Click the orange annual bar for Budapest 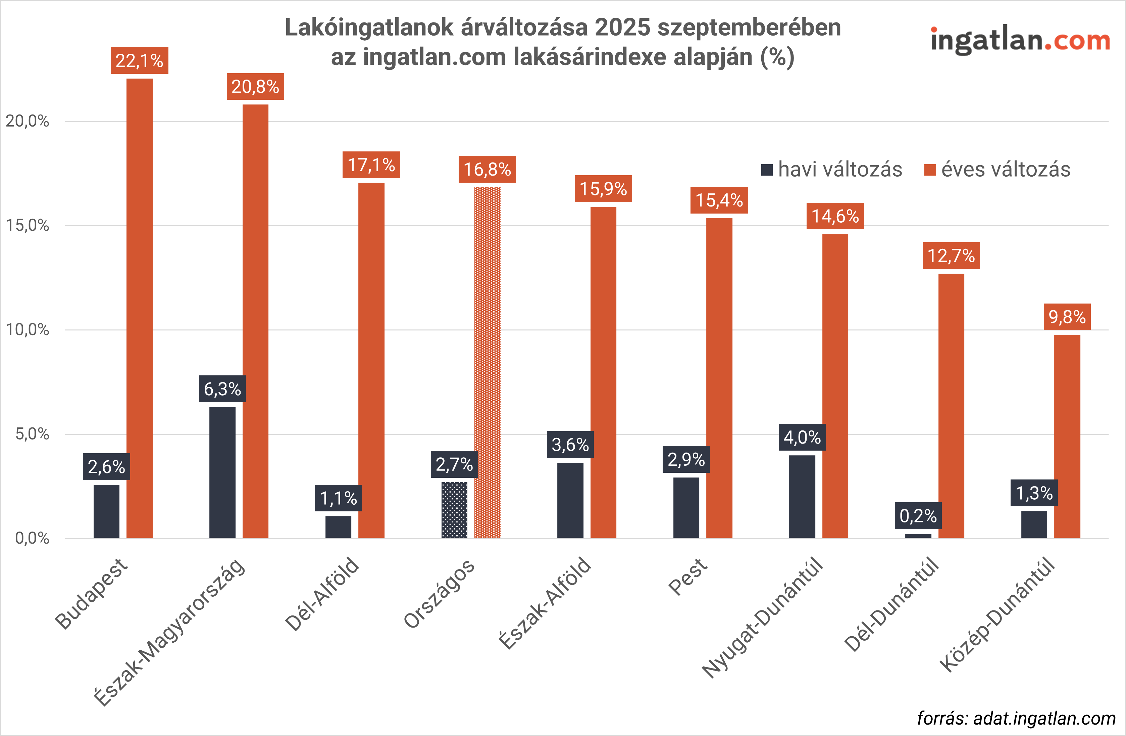click(x=140, y=308)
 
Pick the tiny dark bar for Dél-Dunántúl click(x=918, y=536)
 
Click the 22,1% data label click(x=139, y=60)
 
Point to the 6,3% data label click(x=222, y=389)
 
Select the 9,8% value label click(x=1067, y=317)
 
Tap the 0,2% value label click(x=918, y=516)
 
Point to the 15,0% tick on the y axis click(x=28, y=225)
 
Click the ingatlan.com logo click(x=1020, y=40)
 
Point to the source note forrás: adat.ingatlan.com click(x=1016, y=718)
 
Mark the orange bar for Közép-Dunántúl click(x=1067, y=436)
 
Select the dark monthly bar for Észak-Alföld click(x=570, y=500)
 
